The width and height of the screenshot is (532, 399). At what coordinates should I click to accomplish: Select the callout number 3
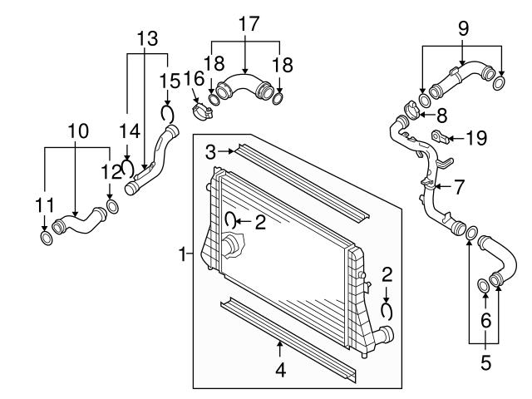point(211,150)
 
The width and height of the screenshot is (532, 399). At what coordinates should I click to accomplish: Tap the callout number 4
point(280,369)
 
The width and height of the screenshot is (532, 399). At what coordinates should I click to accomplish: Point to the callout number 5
point(486,362)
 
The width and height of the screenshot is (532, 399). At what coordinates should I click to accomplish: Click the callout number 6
point(486,319)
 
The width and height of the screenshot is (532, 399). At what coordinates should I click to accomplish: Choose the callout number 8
point(441,113)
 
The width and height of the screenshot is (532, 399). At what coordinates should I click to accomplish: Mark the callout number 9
point(463,27)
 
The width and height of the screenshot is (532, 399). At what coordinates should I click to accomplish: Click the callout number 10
point(77,131)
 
